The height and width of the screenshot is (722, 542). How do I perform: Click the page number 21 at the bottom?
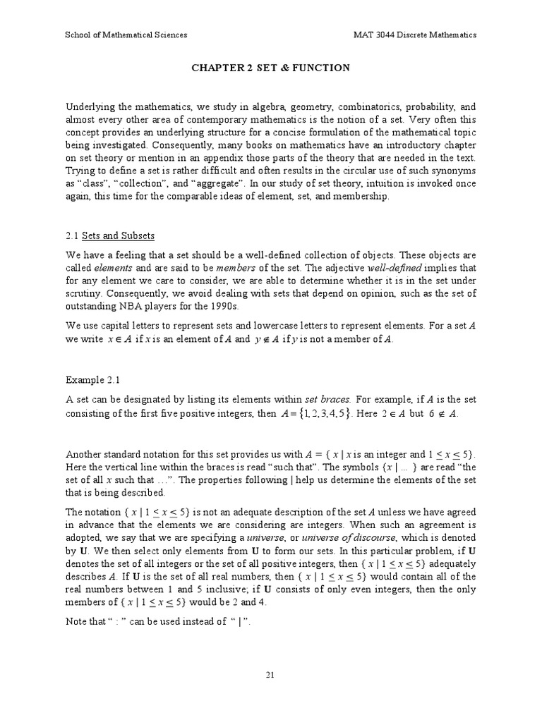click(x=270, y=675)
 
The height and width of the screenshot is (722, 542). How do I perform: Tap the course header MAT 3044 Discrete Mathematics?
click(x=415, y=35)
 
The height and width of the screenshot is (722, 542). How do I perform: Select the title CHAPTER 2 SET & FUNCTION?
click(x=270, y=68)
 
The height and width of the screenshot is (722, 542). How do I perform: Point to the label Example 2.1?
click(x=89, y=379)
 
